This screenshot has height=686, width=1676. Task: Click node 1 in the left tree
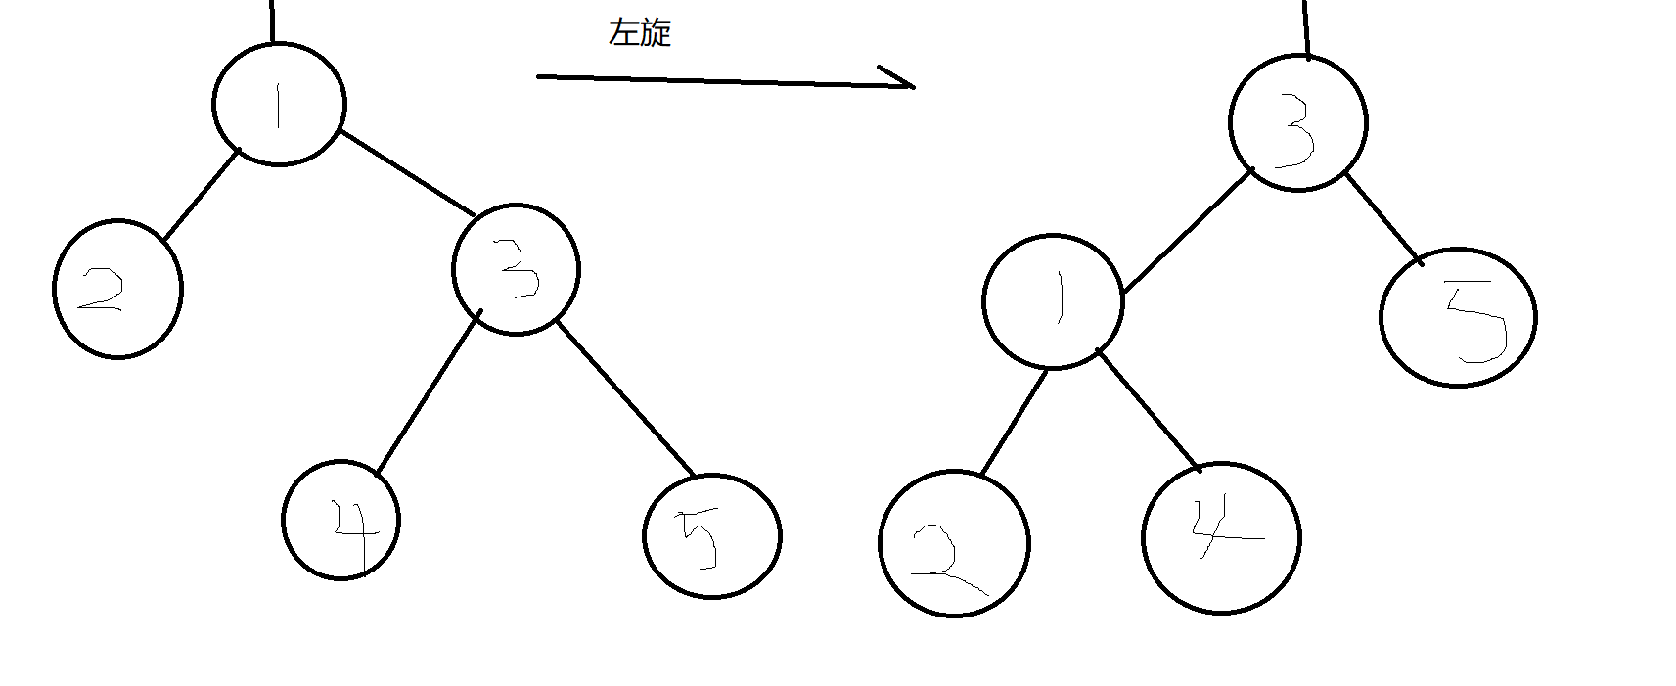coord(279,105)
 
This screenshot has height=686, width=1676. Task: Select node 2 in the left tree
coord(117,290)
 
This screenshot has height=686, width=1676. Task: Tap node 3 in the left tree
coord(516,269)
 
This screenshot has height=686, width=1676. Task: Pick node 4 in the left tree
coord(341,520)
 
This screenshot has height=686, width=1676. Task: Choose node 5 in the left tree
coord(712,536)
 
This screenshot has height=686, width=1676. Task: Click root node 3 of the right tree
coord(1297,123)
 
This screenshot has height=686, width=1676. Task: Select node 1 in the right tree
coord(1053,301)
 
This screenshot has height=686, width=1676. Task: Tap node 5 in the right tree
coord(1458,317)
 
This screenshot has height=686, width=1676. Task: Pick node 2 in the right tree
coord(954,544)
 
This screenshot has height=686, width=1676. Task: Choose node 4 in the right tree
coord(1221,537)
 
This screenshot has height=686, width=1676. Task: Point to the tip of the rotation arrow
coord(913,86)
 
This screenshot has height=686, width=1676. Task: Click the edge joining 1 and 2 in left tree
coord(201,194)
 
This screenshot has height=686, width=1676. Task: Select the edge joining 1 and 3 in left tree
coord(407,172)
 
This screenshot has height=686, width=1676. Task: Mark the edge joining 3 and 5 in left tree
coord(625,398)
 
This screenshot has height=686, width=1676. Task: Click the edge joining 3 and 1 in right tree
coord(1189,230)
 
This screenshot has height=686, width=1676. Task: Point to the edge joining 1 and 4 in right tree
coord(1149,410)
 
